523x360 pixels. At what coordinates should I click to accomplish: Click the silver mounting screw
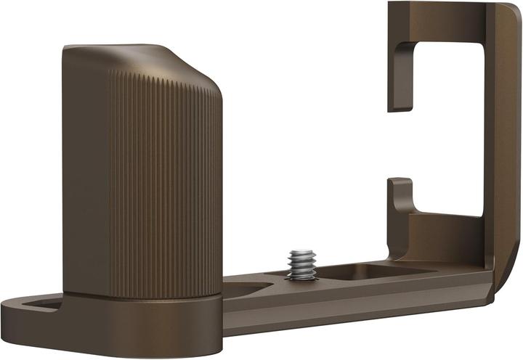(x=300, y=266)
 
